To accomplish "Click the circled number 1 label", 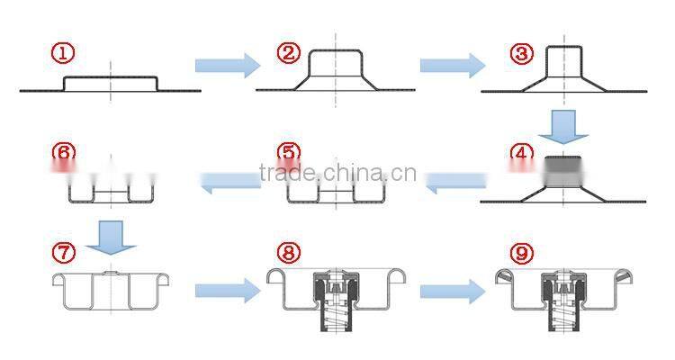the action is click(63, 53).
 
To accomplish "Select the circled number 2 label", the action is click(288, 52).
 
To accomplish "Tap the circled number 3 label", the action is click(522, 54).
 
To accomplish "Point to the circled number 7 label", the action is click(63, 252).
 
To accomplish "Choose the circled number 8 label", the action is click(288, 252).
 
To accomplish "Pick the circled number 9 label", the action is click(522, 253).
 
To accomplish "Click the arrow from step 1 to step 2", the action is click(228, 66).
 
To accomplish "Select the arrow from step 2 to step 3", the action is click(453, 66).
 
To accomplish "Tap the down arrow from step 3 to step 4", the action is click(563, 127).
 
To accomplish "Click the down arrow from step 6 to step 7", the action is click(111, 238).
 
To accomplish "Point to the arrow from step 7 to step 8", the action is click(228, 291).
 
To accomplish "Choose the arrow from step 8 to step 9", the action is click(453, 292).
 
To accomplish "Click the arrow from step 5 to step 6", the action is click(230, 182).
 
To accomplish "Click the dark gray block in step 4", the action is click(563, 171).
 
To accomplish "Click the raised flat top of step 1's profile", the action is click(111, 77).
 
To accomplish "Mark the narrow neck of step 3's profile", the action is click(564, 61).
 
